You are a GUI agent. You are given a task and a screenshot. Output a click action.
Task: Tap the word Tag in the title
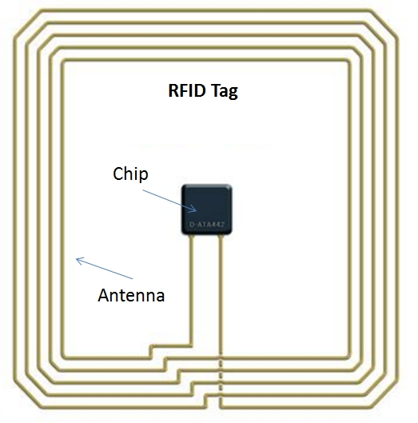pyautogui.click(x=225, y=91)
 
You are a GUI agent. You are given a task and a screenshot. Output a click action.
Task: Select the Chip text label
pyautogui.click(x=129, y=174)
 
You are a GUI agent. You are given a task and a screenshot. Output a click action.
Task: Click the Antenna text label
pyautogui.click(x=131, y=295)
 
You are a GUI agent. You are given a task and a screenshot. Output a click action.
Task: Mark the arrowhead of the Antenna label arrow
pyautogui.click(x=77, y=258)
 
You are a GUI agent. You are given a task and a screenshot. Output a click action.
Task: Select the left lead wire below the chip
pyautogui.click(x=191, y=288)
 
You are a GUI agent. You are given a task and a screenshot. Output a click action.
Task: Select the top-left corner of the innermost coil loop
pyautogui.click(x=66, y=63)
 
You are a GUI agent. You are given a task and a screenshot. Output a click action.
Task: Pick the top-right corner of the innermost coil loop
pyautogui.click(x=349, y=63)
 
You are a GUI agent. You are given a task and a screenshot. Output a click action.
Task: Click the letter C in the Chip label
pyautogui.click(x=117, y=174)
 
